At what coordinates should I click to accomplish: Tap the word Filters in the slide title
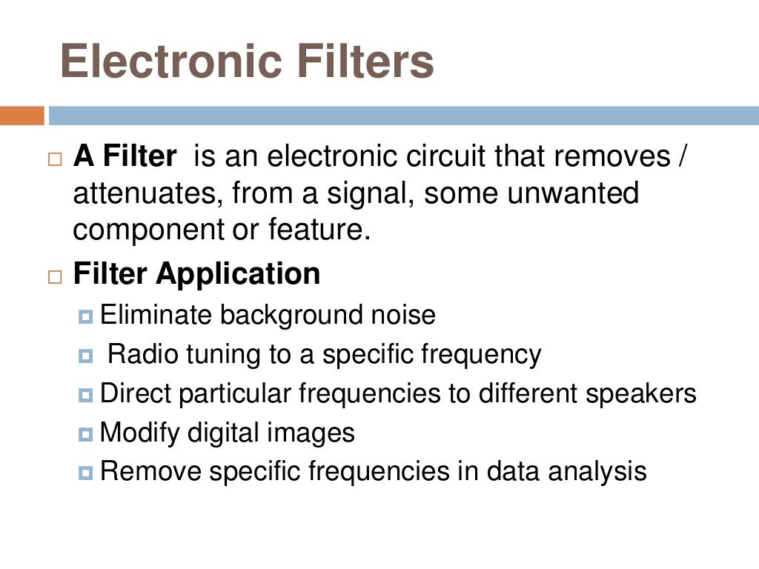(x=365, y=61)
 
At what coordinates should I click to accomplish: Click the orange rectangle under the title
(x=22, y=116)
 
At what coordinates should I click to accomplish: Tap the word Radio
(x=140, y=355)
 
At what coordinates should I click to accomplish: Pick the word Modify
(x=142, y=433)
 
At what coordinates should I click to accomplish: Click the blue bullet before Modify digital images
(x=86, y=433)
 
